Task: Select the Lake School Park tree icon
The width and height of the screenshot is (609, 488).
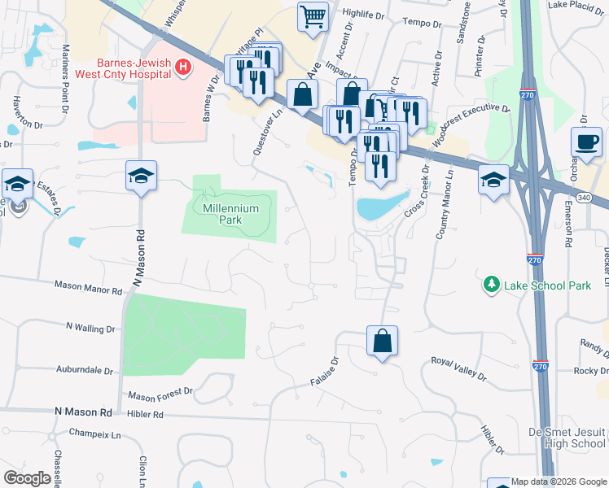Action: pos(492,284)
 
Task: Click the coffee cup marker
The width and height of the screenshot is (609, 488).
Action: pos(586,143)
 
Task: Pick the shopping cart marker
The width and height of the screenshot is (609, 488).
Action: pos(313,17)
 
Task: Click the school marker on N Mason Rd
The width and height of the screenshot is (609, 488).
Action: pos(141,175)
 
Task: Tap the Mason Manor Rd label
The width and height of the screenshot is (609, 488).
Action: pos(88,285)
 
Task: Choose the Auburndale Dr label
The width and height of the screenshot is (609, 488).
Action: pos(85,370)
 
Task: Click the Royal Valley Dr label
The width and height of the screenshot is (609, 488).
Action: pos(458,369)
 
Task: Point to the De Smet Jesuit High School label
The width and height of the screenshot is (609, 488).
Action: pos(567,438)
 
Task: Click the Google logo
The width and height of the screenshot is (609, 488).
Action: pos(26,477)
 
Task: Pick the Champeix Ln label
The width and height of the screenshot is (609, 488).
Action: pos(94,434)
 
